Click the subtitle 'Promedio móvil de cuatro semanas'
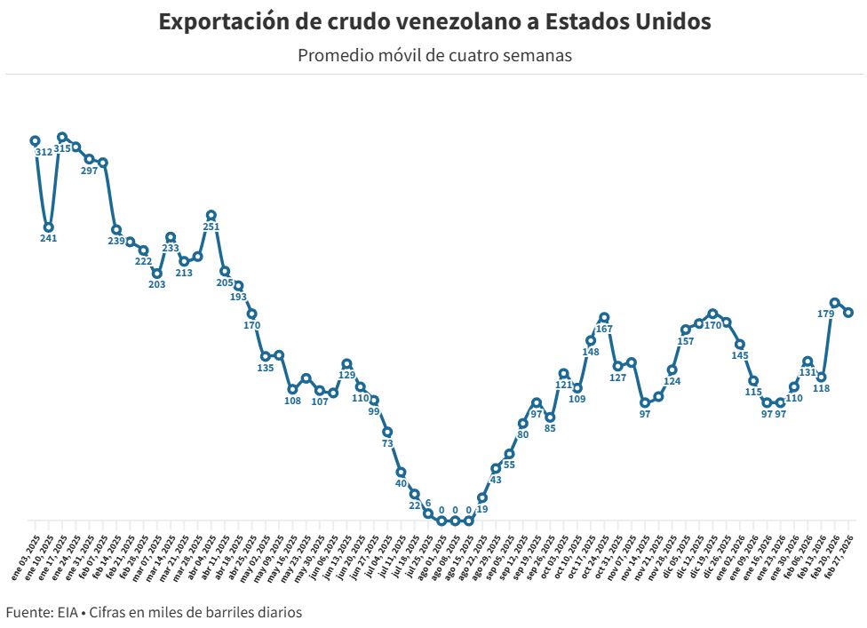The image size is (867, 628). tap(433, 55)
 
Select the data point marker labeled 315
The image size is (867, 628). tap(62, 138)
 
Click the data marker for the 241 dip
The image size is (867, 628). tap(49, 227)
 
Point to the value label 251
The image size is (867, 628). tap(211, 227)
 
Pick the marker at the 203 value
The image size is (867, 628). tap(157, 274)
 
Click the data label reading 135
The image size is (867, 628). tap(265, 368)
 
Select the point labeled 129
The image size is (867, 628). tap(346, 364)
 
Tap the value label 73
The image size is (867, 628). tap(387, 443)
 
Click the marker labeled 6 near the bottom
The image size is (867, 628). tap(428, 513)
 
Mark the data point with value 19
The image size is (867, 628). tap(482, 498)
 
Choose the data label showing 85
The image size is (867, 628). tap(550, 429)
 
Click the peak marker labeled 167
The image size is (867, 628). tap(604, 317)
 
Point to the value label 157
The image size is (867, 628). tap(686, 341)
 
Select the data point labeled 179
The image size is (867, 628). tap(835, 303)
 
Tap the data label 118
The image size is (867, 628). tap(821, 388)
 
